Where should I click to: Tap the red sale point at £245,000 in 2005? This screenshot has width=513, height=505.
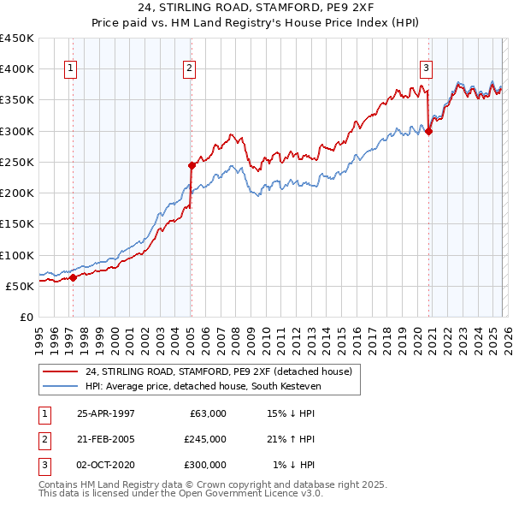point(192,165)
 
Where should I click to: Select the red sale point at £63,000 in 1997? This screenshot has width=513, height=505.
point(74,277)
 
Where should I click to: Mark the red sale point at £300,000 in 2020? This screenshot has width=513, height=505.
point(428,131)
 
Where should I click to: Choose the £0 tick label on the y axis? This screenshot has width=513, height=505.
point(27,317)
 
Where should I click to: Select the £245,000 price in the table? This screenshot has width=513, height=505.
point(205,439)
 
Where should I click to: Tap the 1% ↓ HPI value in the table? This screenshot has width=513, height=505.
point(294,465)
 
